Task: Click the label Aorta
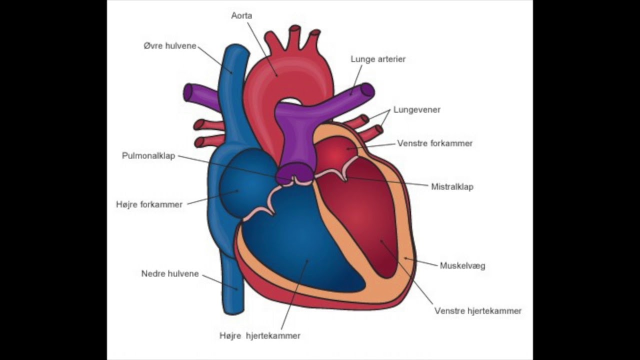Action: pyautogui.click(x=241, y=15)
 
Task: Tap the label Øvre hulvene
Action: pyautogui.click(x=170, y=45)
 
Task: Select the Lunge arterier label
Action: pyautogui.click(x=378, y=59)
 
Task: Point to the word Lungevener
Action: pyautogui.click(x=417, y=109)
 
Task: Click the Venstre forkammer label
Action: pyautogui.click(x=435, y=143)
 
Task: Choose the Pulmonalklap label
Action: pyautogui.click(x=148, y=155)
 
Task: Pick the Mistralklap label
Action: pyautogui.click(x=452, y=187)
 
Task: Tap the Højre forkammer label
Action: pyautogui.click(x=149, y=204)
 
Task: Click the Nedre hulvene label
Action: pyautogui.click(x=170, y=273)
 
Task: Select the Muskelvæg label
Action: pyautogui.click(x=462, y=265)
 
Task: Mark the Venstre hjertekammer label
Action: pyautogui.click(x=478, y=311)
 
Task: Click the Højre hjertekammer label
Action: pyautogui.click(x=259, y=335)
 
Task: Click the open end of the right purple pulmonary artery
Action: pyautogui.click(x=367, y=90)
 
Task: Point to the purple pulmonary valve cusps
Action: pyautogui.click(x=294, y=173)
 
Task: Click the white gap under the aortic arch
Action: pyautogui.click(x=291, y=101)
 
